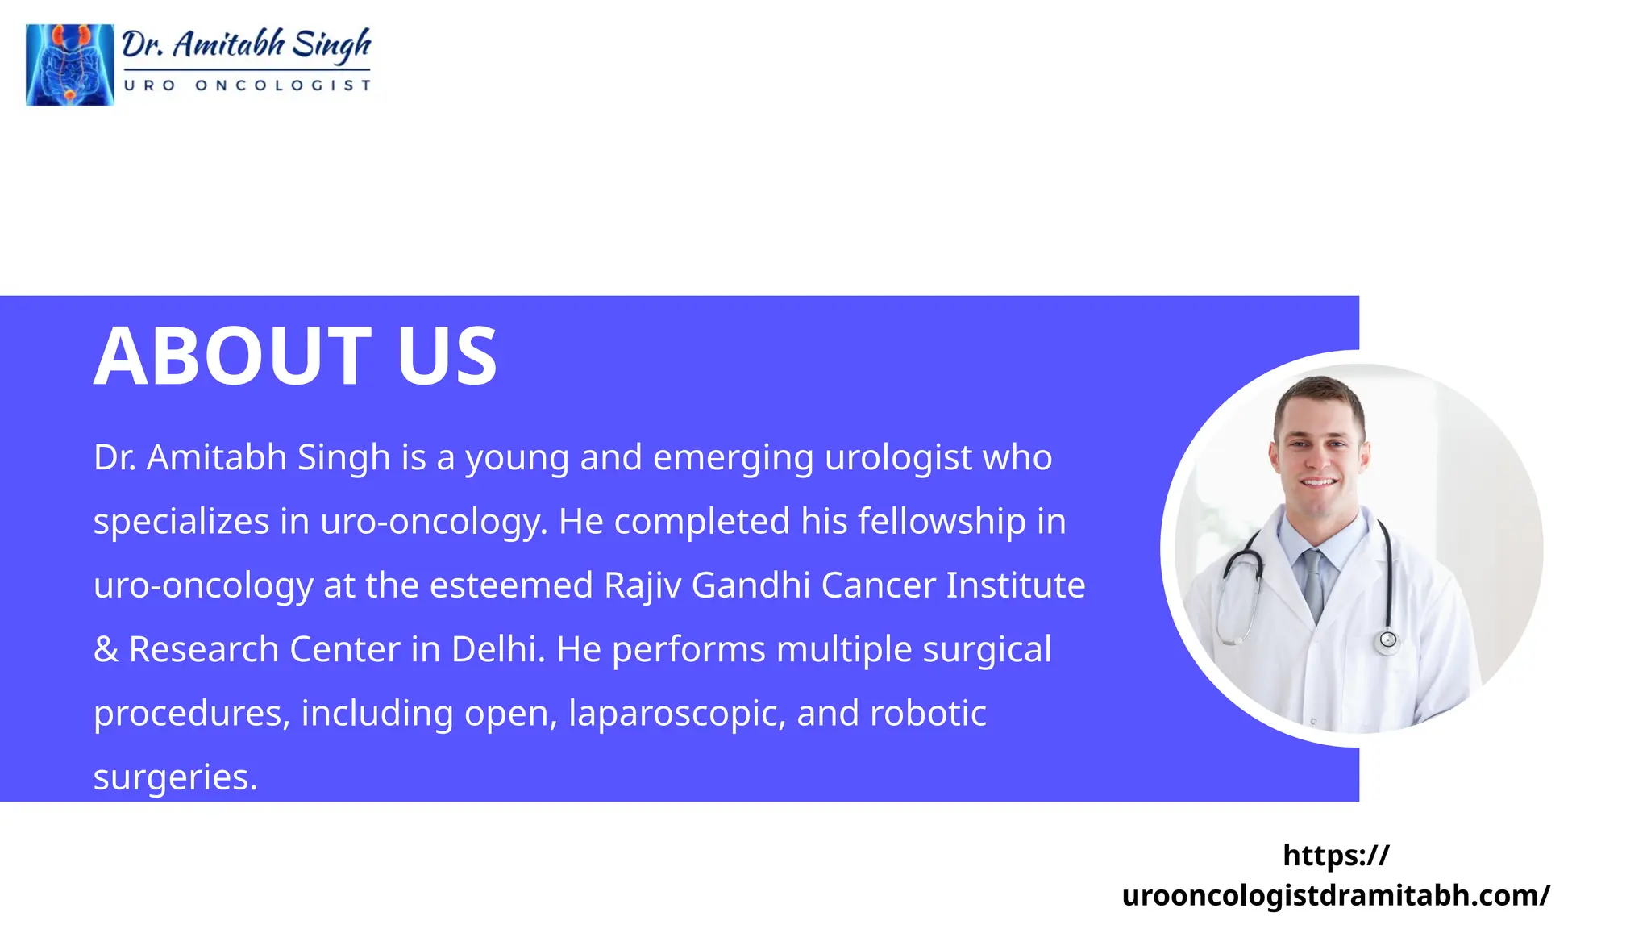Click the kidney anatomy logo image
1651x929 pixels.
point(69,65)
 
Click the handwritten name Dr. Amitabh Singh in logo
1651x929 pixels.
point(246,44)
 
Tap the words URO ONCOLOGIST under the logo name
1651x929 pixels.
point(247,85)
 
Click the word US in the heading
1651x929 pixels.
point(447,356)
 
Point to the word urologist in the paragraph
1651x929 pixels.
point(898,457)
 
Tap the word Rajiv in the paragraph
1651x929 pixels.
point(642,585)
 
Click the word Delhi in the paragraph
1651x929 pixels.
point(493,649)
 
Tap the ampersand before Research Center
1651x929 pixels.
point(106,649)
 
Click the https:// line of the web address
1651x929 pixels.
point(1336,855)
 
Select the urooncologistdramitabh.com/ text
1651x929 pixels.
point(1336,895)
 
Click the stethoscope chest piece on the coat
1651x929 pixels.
point(1387,640)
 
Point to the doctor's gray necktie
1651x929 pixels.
point(1313,581)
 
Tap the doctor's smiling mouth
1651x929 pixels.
point(1319,482)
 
